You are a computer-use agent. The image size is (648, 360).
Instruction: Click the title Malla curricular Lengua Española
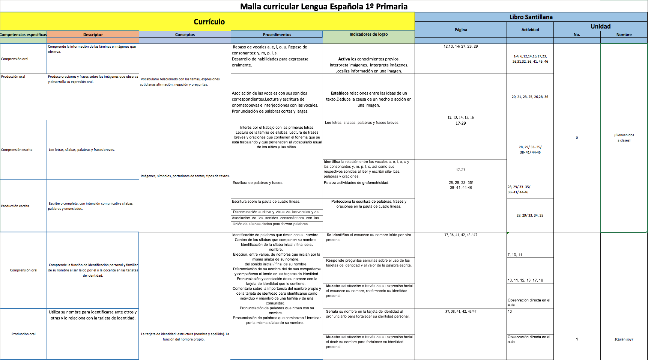point(323,6)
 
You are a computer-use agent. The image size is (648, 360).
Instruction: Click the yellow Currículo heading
point(209,22)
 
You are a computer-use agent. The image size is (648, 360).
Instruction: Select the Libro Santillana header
point(531,17)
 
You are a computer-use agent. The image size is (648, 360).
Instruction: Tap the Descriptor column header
point(93,35)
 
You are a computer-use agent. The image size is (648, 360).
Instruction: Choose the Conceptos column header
point(185,35)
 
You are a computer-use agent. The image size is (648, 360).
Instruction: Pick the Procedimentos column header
point(277,35)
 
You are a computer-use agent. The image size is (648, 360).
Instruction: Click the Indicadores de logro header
point(368,34)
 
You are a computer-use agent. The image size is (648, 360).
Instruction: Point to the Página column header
point(461,30)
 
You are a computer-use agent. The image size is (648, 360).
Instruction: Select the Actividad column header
point(530,30)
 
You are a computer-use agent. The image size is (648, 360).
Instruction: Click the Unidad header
point(600,26)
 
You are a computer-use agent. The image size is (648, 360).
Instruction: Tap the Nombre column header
point(624,35)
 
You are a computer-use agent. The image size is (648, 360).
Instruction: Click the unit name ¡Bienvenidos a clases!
point(624,137)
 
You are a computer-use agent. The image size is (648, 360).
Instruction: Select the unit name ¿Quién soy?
point(624,339)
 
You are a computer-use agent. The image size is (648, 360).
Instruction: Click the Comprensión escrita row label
point(17,150)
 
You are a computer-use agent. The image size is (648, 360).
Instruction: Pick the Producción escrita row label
point(15,206)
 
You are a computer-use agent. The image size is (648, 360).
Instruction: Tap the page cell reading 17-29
point(460,123)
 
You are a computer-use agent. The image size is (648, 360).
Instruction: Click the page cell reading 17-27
point(460,170)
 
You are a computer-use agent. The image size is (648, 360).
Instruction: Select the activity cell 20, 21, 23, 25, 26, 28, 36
point(530,97)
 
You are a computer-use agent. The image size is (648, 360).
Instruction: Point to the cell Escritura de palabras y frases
point(258,183)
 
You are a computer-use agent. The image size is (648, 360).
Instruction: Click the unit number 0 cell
point(577,138)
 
